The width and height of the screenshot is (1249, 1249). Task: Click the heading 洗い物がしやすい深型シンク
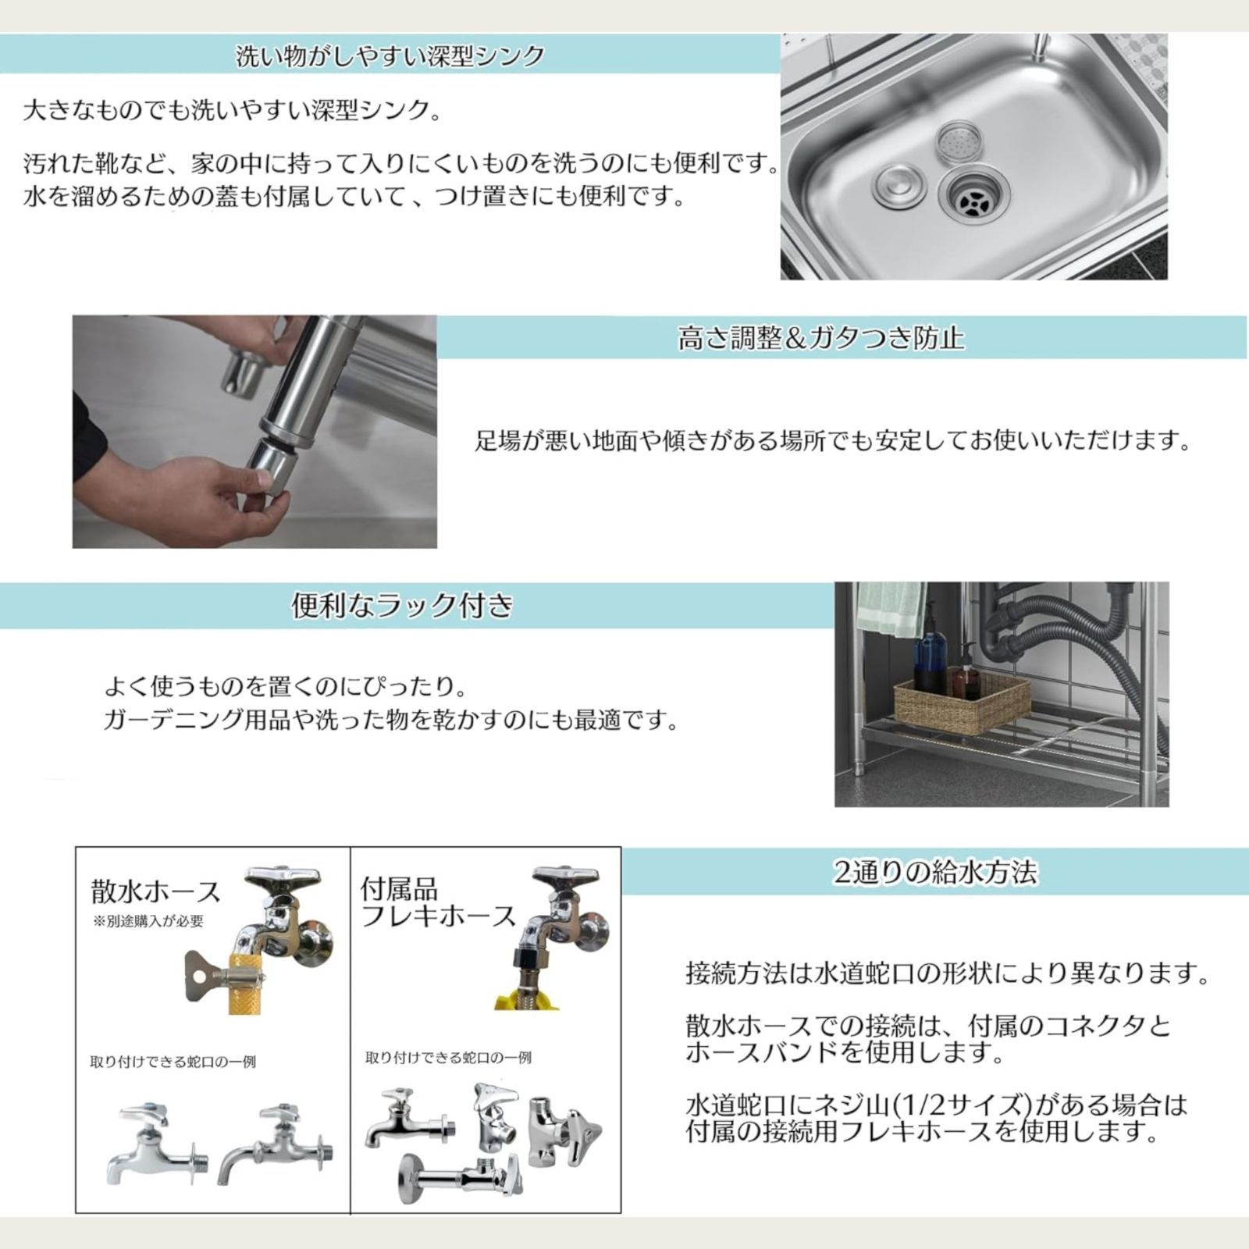pyautogui.click(x=390, y=57)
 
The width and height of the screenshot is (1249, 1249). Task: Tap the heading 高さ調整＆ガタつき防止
pyautogui.click(x=820, y=338)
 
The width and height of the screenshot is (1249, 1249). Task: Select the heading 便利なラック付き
pyautogui.click(x=402, y=605)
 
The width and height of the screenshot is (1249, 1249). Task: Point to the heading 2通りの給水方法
pyautogui.click(x=935, y=872)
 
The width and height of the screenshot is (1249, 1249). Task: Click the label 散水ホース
pyautogui.click(x=156, y=891)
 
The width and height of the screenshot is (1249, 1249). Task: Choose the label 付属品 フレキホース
pyautogui.click(x=437, y=902)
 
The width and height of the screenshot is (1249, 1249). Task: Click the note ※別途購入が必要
pyautogui.click(x=148, y=921)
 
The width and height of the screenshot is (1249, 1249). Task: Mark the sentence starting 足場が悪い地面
pyautogui.click(x=834, y=441)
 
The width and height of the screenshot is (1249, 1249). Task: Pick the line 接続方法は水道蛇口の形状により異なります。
pyautogui.click(x=948, y=973)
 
